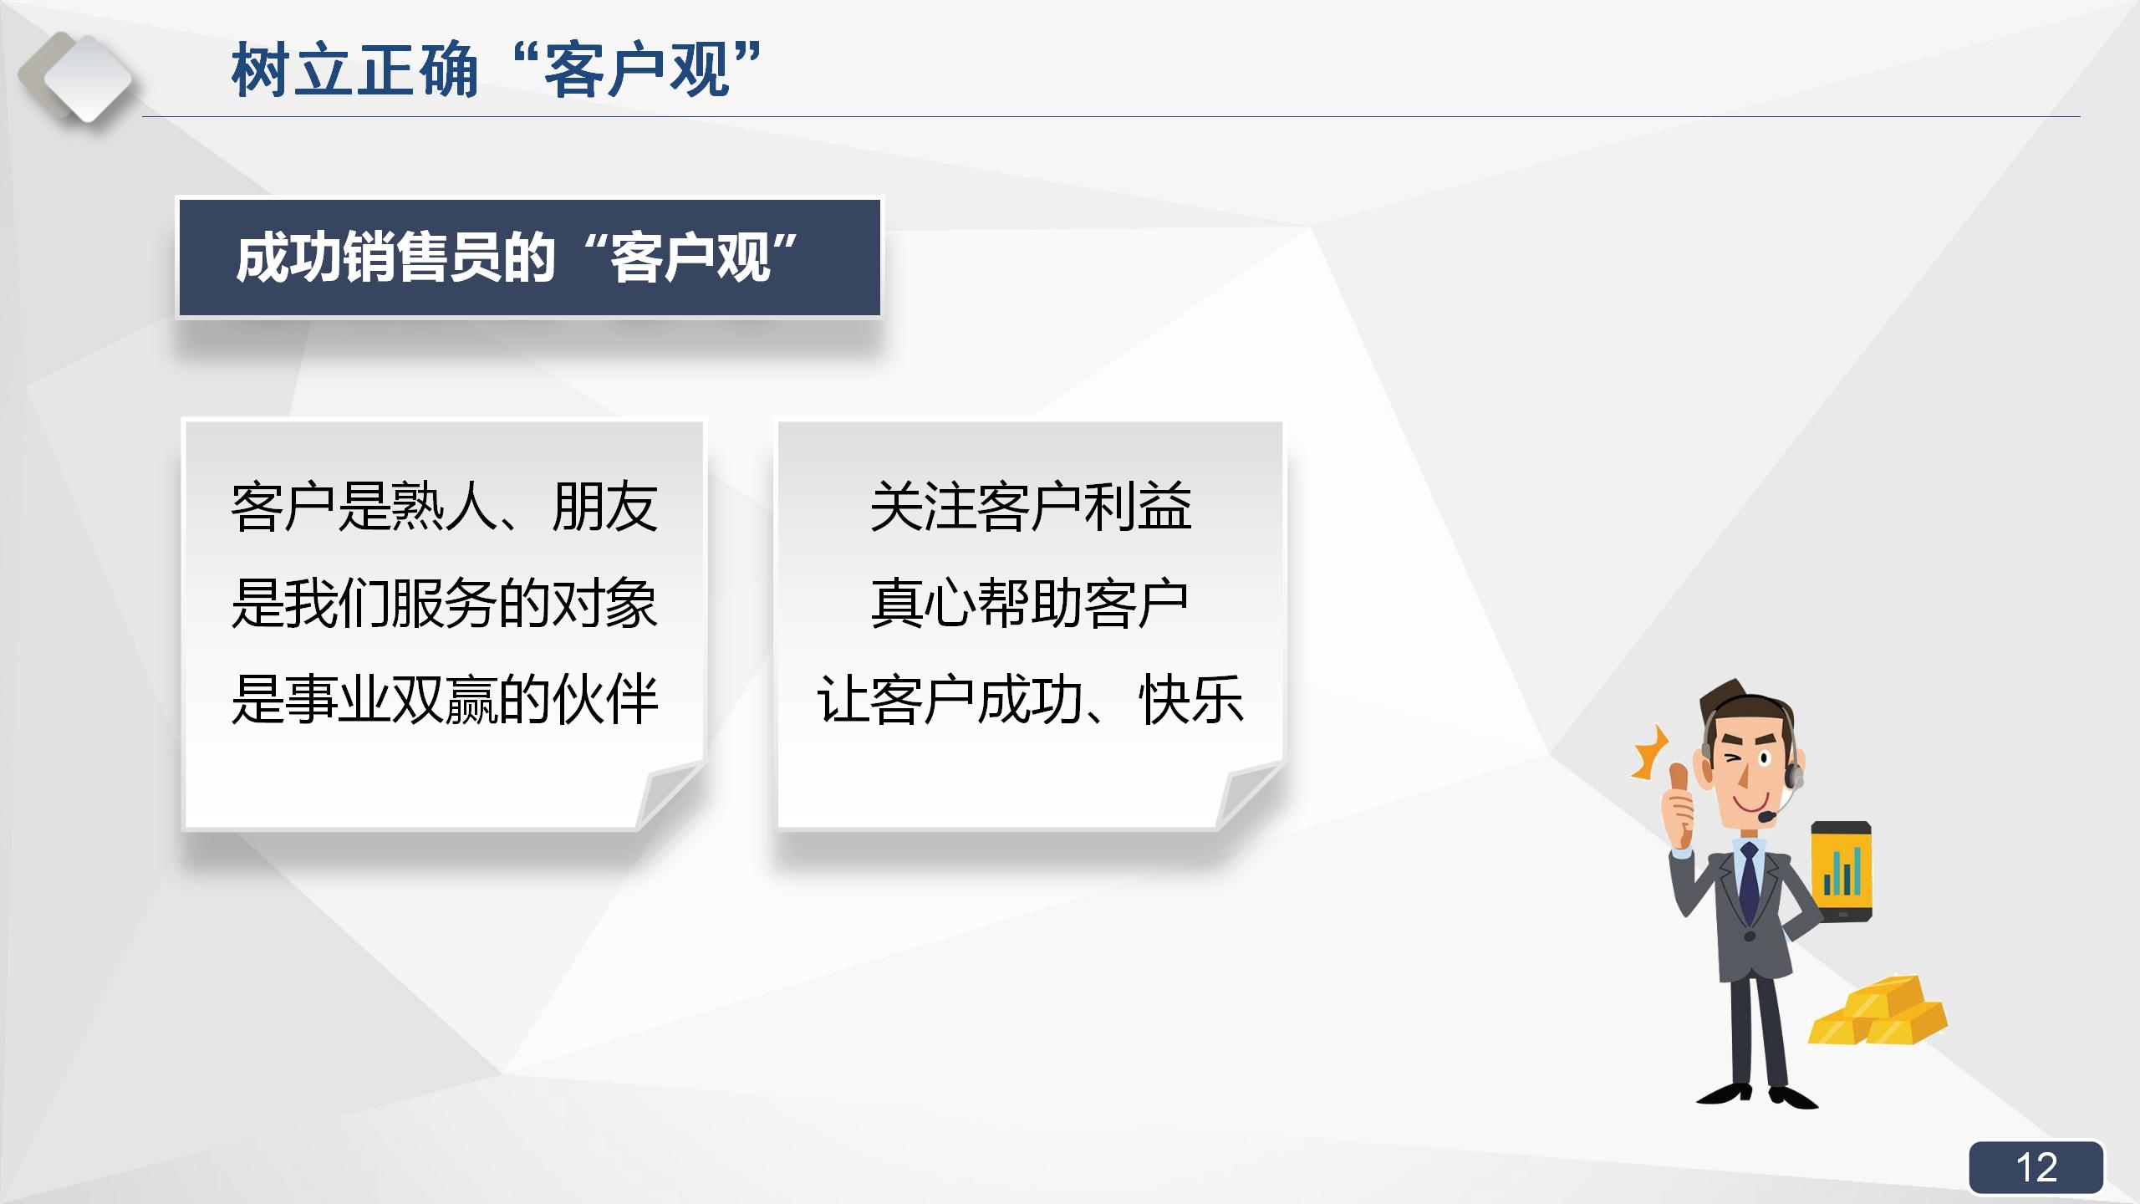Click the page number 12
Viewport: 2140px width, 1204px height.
[x=2036, y=1167]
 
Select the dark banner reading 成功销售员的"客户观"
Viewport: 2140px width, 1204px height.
[x=529, y=258]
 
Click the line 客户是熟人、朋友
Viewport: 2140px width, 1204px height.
[x=444, y=507]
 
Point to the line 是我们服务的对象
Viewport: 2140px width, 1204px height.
[x=444, y=604]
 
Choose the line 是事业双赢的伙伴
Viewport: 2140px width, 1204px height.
[x=444, y=700]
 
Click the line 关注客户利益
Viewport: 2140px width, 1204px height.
[x=1030, y=507]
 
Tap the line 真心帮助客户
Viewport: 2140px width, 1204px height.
[x=1030, y=604]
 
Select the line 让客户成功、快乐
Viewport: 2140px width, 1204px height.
[x=1030, y=700]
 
